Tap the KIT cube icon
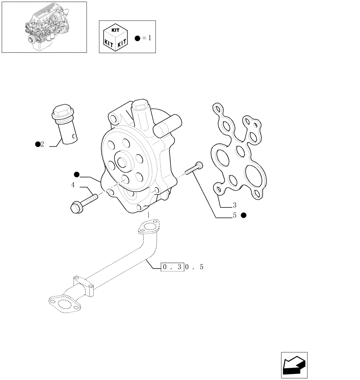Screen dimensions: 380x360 click(115, 37)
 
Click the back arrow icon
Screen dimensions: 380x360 click(294, 365)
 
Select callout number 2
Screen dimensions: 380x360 click(42, 144)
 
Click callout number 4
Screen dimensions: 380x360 click(73, 185)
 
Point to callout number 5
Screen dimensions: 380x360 click(235, 215)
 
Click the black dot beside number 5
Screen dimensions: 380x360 click(244, 215)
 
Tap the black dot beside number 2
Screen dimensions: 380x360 click(37, 144)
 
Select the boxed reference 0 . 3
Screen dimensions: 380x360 click(173, 267)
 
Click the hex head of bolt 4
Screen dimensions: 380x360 click(75, 207)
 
